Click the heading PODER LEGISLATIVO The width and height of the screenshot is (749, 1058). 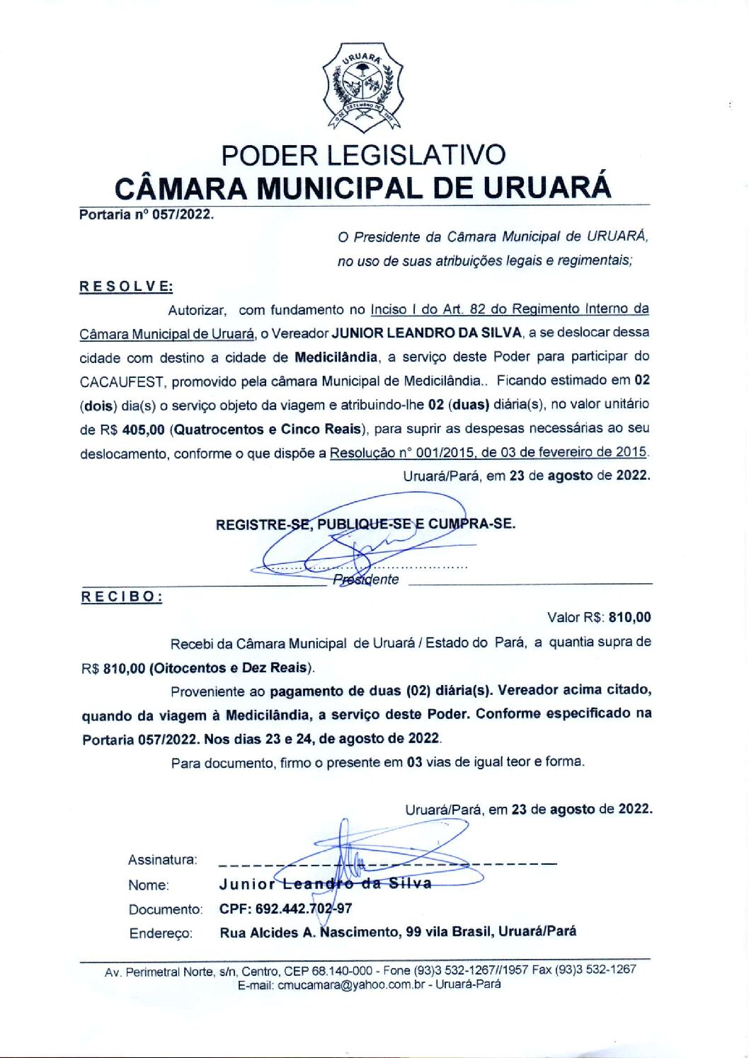point(363,155)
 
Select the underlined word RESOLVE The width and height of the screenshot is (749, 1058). point(126,287)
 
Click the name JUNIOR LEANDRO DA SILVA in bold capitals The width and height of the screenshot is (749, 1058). point(427,333)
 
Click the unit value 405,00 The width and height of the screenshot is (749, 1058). point(143,430)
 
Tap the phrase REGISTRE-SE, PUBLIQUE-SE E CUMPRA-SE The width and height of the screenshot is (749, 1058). point(365,524)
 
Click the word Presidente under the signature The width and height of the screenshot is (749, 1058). point(366,580)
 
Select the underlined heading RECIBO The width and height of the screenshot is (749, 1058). point(122,597)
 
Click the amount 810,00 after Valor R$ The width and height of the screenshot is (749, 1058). point(629,618)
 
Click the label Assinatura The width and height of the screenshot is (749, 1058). point(162,860)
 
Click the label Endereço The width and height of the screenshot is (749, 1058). point(161,933)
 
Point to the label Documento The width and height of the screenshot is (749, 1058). point(165,909)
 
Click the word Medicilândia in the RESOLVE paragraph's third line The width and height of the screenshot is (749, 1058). point(336,357)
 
